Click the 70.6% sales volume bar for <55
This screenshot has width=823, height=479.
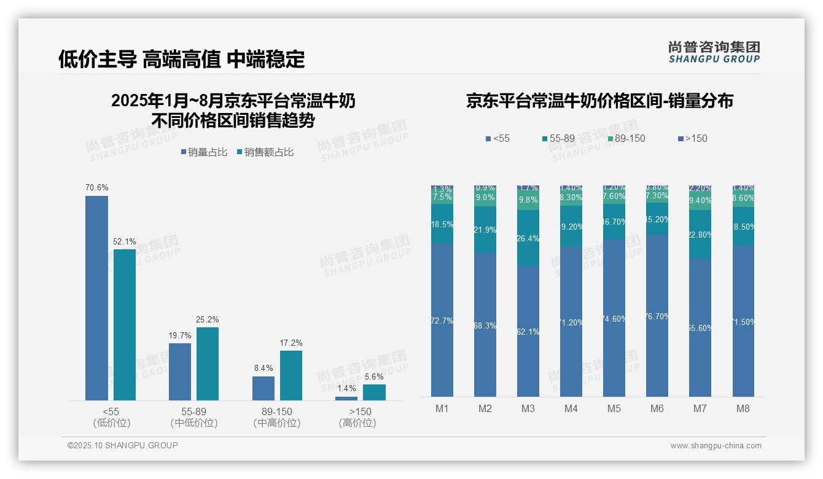pos(96,298)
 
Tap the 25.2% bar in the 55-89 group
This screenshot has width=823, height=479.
pos(208,364)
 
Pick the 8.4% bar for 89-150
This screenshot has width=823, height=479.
pos(263,388)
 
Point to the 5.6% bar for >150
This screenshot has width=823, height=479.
pos(374,392)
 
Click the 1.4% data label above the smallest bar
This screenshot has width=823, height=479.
pos(346,389)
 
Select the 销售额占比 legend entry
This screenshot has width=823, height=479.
pos(265,152)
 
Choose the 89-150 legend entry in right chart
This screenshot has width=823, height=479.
pos(626,139)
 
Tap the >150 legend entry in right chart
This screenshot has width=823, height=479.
pos(692,139)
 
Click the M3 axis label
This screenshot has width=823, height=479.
pos(528,408)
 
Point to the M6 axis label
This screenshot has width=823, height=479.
pos(657,408)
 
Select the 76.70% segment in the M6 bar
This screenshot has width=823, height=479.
pos(657,316)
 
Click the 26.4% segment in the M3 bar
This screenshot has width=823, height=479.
pos(528,238)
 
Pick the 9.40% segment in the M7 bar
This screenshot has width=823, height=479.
pos(700,200)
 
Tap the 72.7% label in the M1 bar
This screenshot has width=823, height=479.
pos(442,321)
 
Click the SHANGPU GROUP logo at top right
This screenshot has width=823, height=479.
pos(714,52)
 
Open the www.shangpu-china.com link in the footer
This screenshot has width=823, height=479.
pos(716,446)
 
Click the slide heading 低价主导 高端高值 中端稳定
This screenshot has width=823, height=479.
pos(182,59)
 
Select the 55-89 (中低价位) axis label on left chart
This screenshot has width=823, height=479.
pos(194,417)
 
